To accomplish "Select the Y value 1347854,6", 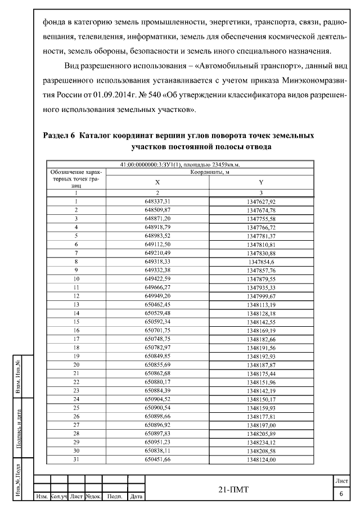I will pyautogui.click(x=261, y=262).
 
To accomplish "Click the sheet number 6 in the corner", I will pyautogui.click(x=341, y=493).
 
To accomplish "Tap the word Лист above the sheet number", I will pyautogui.click(x=341, y=481).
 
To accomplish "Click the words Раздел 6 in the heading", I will pyautogui.click(x=59, y=136).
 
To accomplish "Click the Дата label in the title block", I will pyautogui.click(x=136, y=497).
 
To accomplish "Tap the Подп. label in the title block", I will pyautogui.click(x=115, y=497).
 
